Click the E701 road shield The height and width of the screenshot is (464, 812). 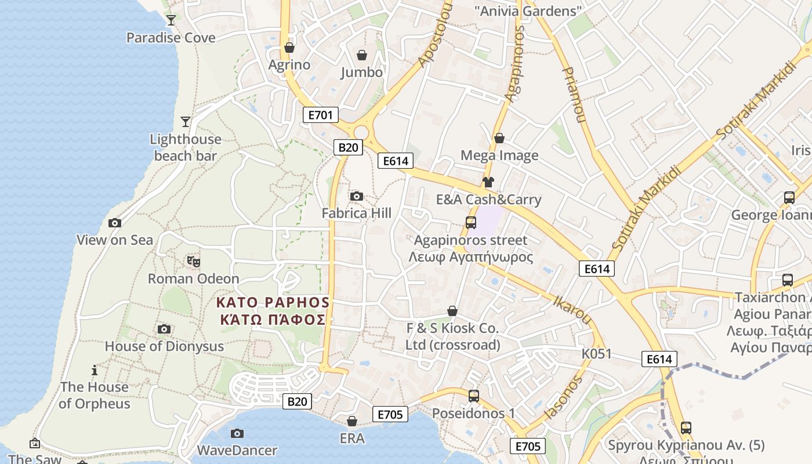[321, 115]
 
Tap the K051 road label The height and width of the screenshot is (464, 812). [597, 353]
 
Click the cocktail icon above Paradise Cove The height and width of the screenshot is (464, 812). [171, 20]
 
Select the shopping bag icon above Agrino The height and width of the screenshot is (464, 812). [289, 47]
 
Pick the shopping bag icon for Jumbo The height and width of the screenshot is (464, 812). [362, 55]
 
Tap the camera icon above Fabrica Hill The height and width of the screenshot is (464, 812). [357, 197]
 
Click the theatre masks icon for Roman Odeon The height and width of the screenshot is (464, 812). [194, 262]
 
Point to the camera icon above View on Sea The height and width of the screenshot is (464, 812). [115, 223]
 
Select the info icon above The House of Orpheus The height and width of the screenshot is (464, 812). [95, 370]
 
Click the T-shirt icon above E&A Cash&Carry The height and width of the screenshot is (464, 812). [488, 182]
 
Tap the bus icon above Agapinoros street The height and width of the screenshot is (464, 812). [471, 222]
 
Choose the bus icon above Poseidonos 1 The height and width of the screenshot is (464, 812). [474, 396]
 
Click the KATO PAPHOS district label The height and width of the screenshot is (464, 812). [273, 311]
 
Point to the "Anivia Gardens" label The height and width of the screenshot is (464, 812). [528, 10]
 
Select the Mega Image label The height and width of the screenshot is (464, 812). [499, 155]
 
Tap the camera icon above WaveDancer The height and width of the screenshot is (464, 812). [237, 433]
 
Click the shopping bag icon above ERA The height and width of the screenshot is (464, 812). [352, 421]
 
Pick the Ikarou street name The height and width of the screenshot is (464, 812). [572, 310]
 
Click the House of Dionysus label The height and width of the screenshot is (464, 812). [164, 346]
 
